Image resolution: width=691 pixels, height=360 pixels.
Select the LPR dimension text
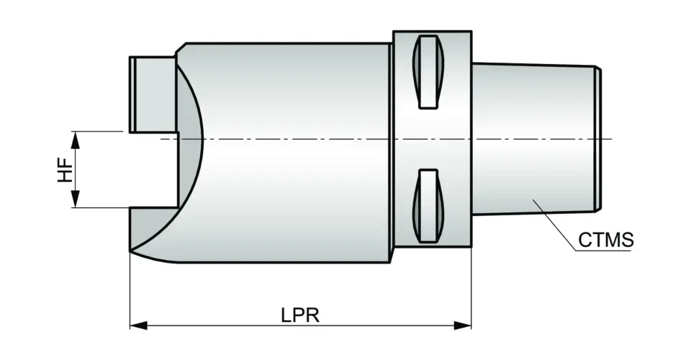[300, 315]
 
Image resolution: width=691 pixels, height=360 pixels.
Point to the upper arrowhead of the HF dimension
[76, 138]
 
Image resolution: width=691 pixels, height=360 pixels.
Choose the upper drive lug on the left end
[153, 94]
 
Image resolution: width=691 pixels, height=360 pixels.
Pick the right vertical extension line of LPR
[471, 288]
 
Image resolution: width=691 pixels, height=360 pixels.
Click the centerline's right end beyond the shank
[608, 138]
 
